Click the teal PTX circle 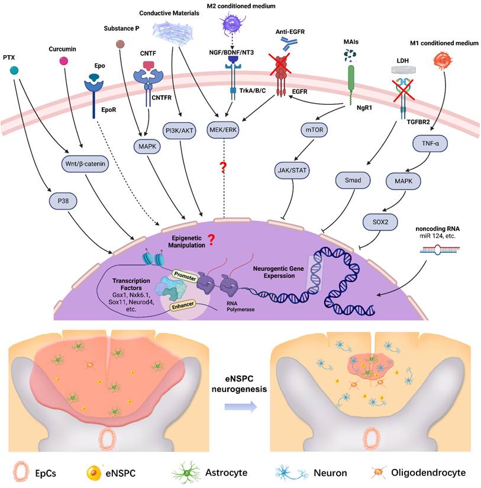coord(14,70)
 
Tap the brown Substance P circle coord(121,43)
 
